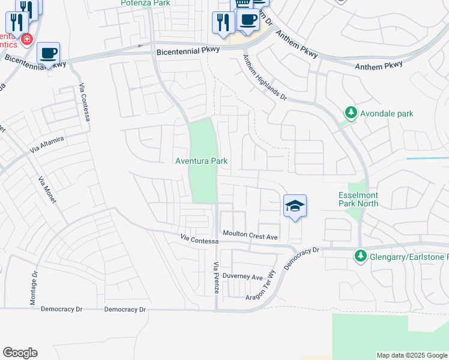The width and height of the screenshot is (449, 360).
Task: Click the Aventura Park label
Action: pyautogui.click(x=201, y=161)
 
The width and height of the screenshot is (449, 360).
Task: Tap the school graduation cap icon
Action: pyautogui.click(x=295, y=206)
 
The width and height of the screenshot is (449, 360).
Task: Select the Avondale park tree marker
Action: pyautogui.click(x=351, y=113)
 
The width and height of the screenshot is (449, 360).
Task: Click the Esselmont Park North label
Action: pyautogui.click(x=358, y=199)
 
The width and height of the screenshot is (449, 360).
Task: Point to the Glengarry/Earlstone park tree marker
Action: pyautogui.click(x=360, y=256)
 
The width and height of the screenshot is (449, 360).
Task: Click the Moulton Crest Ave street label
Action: pyautogui.click(x=250, y=234)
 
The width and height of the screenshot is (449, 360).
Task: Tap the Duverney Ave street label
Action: pyautogui.click(x=243, y=277)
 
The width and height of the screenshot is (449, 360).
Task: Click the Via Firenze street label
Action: pyautogui.click(x=216, y=278)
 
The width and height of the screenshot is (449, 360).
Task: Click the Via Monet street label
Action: pyautogui.click(x=47, y=190)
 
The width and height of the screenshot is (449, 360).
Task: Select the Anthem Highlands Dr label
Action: pyautogui.click(x=265, y=77)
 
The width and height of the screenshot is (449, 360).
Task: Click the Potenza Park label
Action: pyautogui.click(x=145, y=3)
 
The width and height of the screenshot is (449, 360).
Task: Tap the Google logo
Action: pyautogui.click(x=20, y=352)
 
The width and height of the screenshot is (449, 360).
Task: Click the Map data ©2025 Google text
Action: pyautogui.click(x=412, y=355)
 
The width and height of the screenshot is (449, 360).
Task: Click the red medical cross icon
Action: pyautogui.click(x=26, y=40)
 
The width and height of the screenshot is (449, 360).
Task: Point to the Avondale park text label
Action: pyautogui.click(x=387, y=113)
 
